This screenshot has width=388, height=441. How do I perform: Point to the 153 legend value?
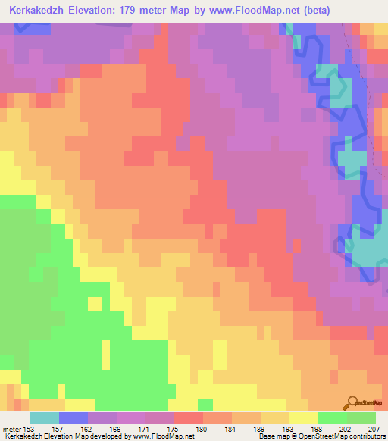pyautogui.click(x=28, y=429)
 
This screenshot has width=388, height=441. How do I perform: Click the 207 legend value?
pyautogui.click(x=373, y=429)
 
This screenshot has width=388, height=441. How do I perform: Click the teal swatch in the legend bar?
pyautogui.click(x=45, y=418)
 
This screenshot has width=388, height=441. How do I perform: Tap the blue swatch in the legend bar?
pyautogui.click(x=74, y=418)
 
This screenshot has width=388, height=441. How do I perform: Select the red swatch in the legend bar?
pyautogui.click(x=189, y=418)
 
